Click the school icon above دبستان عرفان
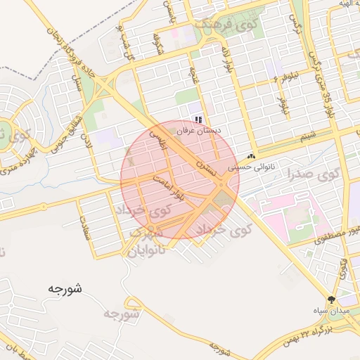click(199, 120)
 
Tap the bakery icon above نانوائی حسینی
click(251, 157)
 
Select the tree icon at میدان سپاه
click(332, 299)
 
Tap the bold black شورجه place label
click(67, 288)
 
